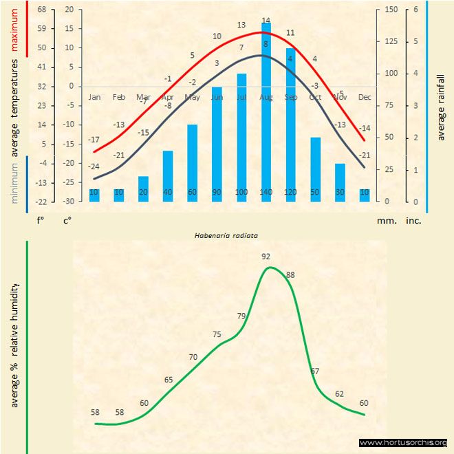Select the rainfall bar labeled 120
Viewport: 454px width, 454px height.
[290, 124]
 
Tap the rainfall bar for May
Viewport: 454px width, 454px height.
[192, 162]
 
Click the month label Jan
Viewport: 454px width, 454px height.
[94, 97]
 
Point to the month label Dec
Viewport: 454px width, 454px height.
[365, 97]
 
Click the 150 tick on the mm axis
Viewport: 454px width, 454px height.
[391, 10]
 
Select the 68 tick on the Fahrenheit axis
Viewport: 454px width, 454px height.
[42, 10]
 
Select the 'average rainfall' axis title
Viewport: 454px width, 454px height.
[441, 107]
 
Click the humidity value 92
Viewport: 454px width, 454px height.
[266, 257]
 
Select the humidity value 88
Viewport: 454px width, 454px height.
[290, 275]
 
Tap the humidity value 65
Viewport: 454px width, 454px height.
[169, 380]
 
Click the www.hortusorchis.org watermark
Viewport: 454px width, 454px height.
[403, 442]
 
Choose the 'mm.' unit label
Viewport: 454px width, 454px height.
[385, 221]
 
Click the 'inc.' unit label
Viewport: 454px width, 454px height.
[413, 221]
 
